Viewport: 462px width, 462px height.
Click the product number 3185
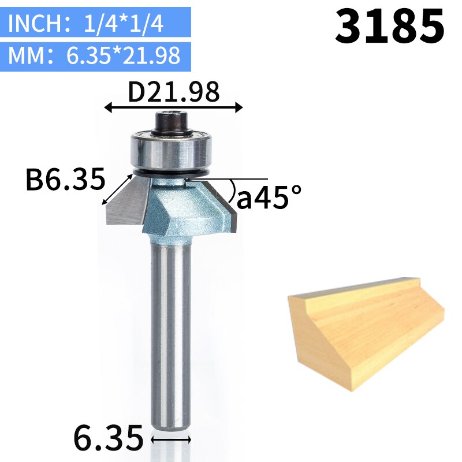[390, 27]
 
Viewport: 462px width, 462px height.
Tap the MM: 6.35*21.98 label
[95, 56]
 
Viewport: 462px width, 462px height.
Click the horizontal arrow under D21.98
[173, 107]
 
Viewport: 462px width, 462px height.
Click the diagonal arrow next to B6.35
[115, 188]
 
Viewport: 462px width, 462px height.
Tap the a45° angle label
[269, 198]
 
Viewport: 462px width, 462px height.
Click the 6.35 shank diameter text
[108, 438]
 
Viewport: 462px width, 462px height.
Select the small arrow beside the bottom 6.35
[170, 439]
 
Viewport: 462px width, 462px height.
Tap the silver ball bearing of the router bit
[172, 150]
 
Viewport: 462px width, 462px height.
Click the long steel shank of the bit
[171, 335]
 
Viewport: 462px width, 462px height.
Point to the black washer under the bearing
[172, 172]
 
